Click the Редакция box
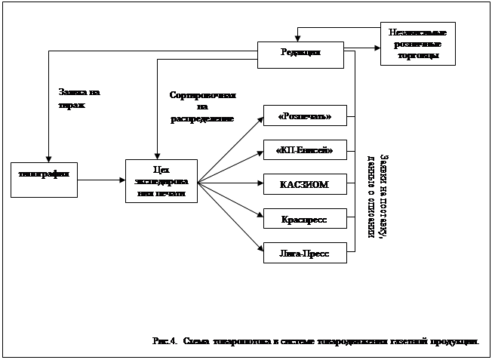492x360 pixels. pyautogui.click(x=300, y=53)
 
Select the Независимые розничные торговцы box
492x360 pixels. pyautogui.click(x=417, y=45)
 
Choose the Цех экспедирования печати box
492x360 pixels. pyautogui.click(x=160, y=181)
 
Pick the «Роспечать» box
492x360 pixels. pyautogui.click(x=304, y=116)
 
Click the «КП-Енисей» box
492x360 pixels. pyautogui.click(x=304, y=150)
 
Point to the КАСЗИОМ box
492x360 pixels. pyautogui.click(x=304, y=184)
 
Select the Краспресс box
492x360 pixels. pyautogui.click(x=304, y=218)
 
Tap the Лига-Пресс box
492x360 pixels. pyautogui.click(x=304, y=251)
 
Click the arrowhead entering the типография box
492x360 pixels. pyautogui.click(x=48, y=158)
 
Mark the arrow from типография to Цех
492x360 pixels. pyautogui.click(x=101, y=180)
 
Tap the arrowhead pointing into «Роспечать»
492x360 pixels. pyautogui.click(x=260, y=118)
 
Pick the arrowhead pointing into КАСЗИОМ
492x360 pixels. pyautogui.click(x=260, y=183)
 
